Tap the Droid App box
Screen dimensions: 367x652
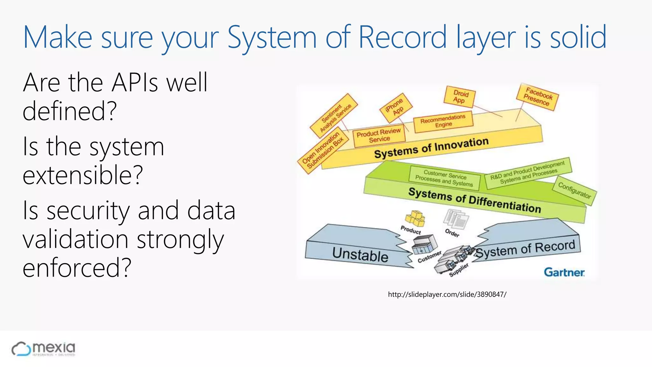[x=460, y=97]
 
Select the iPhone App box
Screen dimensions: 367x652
[x=396, y=107]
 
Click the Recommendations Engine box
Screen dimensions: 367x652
[x=443, y=121]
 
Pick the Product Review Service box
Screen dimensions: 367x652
[x=379, y=135]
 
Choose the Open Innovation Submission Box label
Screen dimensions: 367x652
[x=322, y=150]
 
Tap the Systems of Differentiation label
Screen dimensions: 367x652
[x=474, y=200]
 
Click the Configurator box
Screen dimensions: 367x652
[x=574, y=191]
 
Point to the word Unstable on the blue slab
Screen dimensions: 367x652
[x=360, y=255]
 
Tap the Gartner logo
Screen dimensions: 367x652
[x=564, y=272]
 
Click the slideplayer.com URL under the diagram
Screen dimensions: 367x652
[x=447, y=294]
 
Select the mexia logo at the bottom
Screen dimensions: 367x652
[x=44, y=349]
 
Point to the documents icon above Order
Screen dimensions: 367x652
[x=456, y=219]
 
